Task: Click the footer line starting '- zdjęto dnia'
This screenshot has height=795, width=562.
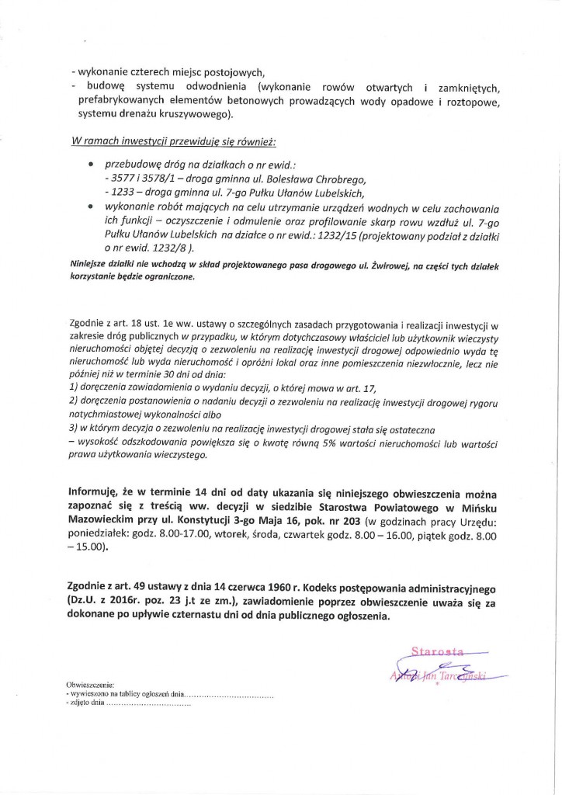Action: (128, 703)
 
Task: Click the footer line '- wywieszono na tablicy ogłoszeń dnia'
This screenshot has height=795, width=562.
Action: (171, 695)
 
